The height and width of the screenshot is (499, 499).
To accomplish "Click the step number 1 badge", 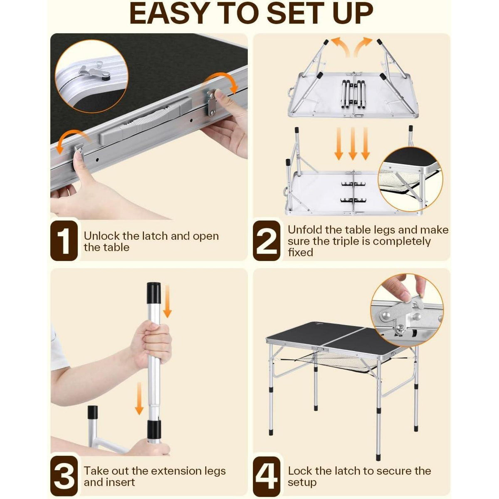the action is tap(64, 241).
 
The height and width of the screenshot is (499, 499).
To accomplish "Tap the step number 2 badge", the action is tap(267, 241).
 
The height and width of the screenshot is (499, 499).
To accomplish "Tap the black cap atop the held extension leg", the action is tap(154, 293).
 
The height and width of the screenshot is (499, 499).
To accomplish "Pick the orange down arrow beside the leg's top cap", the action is tap(168, 301).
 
